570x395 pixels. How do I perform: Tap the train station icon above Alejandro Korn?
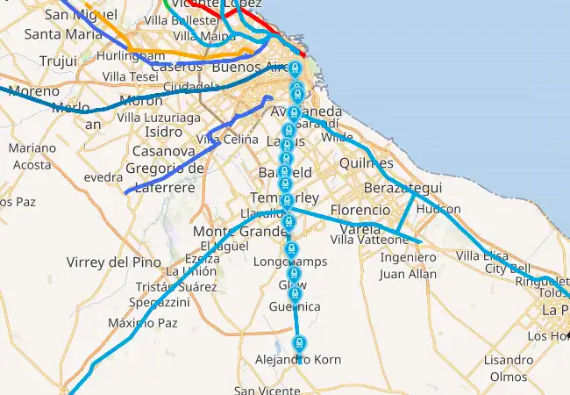(299, 341)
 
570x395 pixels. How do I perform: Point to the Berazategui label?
(404, 190)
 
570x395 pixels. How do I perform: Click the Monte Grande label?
(234, 231)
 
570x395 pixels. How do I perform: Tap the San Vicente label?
(267, 391)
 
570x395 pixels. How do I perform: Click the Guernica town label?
(296, 306)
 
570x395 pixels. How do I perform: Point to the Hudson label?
(438, 210)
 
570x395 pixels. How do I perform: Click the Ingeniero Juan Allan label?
(408, 265)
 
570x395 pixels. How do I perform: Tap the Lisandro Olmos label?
(509, 368)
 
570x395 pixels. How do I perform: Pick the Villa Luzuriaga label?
(159, 116)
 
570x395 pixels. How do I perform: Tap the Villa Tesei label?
(131, 76)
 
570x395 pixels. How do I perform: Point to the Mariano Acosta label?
(32, 155)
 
